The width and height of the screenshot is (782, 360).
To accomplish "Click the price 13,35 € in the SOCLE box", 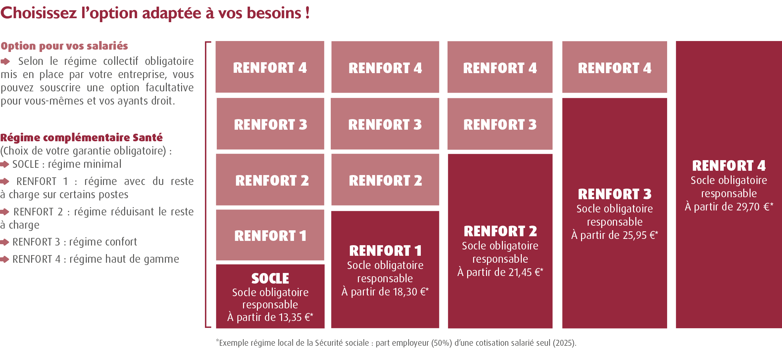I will point(293,317).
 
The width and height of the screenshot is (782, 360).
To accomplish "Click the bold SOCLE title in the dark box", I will point(270,279).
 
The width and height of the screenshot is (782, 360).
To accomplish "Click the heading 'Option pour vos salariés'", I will point(64,46).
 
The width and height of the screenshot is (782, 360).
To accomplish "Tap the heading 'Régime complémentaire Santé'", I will point(81,138).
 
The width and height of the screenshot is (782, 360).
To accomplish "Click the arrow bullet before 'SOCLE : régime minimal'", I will point(5,164).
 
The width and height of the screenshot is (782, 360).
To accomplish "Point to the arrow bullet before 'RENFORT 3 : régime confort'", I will point(5,242).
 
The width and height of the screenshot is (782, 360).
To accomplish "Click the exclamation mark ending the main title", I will point(308,13).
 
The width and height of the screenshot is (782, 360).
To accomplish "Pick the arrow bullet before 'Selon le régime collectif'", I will point(5,62).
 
